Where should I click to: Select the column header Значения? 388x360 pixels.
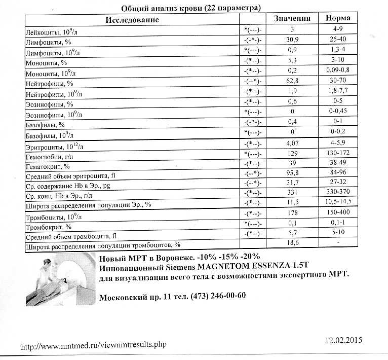pos(292,19)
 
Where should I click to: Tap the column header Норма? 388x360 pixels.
pos(338,19)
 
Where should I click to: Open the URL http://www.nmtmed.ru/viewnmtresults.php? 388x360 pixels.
pos(93,346)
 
